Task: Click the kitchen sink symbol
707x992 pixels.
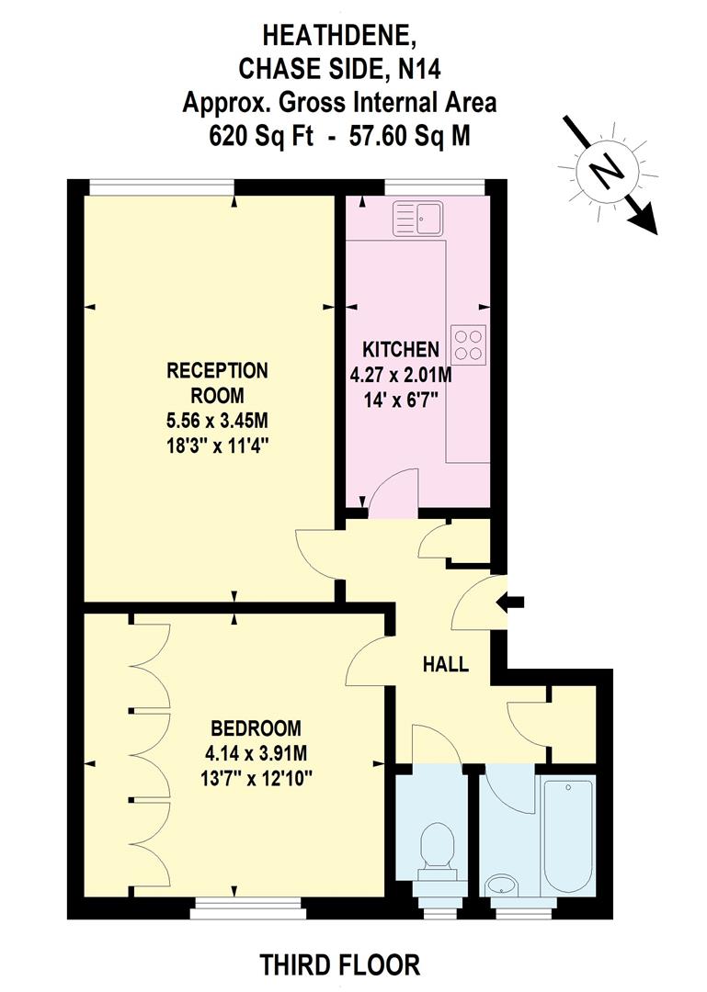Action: [x=418, y=218]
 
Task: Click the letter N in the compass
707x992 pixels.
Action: [x=603, y=173]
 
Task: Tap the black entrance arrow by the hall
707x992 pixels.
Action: [x=513, y=602]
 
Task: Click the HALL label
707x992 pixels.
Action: [x=445, y=664]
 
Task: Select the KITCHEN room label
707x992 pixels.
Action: [x=401, y=349]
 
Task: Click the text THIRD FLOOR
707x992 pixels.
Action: [x=340, y=965]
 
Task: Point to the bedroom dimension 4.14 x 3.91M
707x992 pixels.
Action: [x=256, y=753]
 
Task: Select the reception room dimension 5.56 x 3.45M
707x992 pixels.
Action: [x=217, y=422]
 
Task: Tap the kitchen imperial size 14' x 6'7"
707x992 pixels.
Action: [x=401, y=400]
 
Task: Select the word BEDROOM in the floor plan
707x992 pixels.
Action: [x=256, y=728]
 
